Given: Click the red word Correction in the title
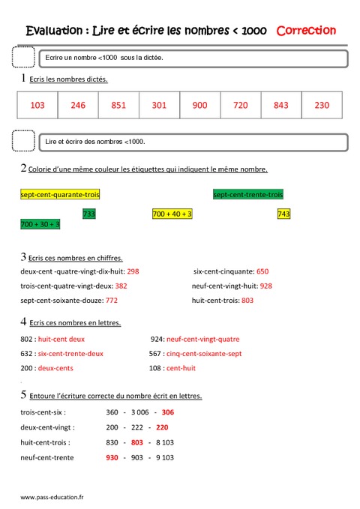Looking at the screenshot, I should (x=306, y=31).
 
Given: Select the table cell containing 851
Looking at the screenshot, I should (x=118, y=106).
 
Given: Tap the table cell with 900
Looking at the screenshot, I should (x=199, y=106).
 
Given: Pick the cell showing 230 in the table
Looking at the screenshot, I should (x=322, y=106).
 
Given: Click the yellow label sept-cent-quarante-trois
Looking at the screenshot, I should (x=60, y=195).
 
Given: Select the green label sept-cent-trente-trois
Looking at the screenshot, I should (x=248, y=195).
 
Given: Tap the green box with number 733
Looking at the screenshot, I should (x=88, y=214).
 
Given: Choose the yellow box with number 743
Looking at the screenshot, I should (x=283, y=214).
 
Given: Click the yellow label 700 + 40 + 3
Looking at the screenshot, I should (x=172, y=214).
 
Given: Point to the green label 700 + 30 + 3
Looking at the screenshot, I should (x=40, y=224).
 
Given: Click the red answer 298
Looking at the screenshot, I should (x=133, y=271).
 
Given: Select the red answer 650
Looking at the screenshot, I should (x=262, y=271).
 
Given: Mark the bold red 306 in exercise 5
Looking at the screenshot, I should (x=168, y=412).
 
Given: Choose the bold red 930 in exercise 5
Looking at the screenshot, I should (x=112, y=457).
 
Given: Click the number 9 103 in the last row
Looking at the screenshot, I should (x=165, y=457).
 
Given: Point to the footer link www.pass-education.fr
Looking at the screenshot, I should (x=52, y=496).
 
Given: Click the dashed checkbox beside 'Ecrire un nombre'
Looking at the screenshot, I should (x=24, y=58).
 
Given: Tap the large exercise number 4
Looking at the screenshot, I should (x=24, y=322).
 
